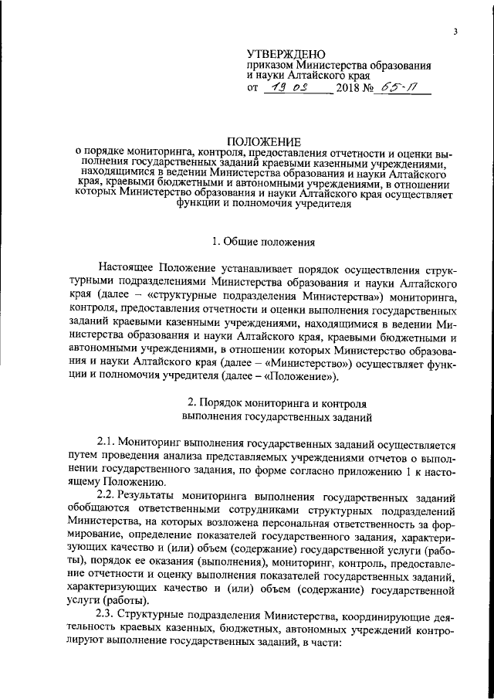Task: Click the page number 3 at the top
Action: [x=455, y=32]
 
